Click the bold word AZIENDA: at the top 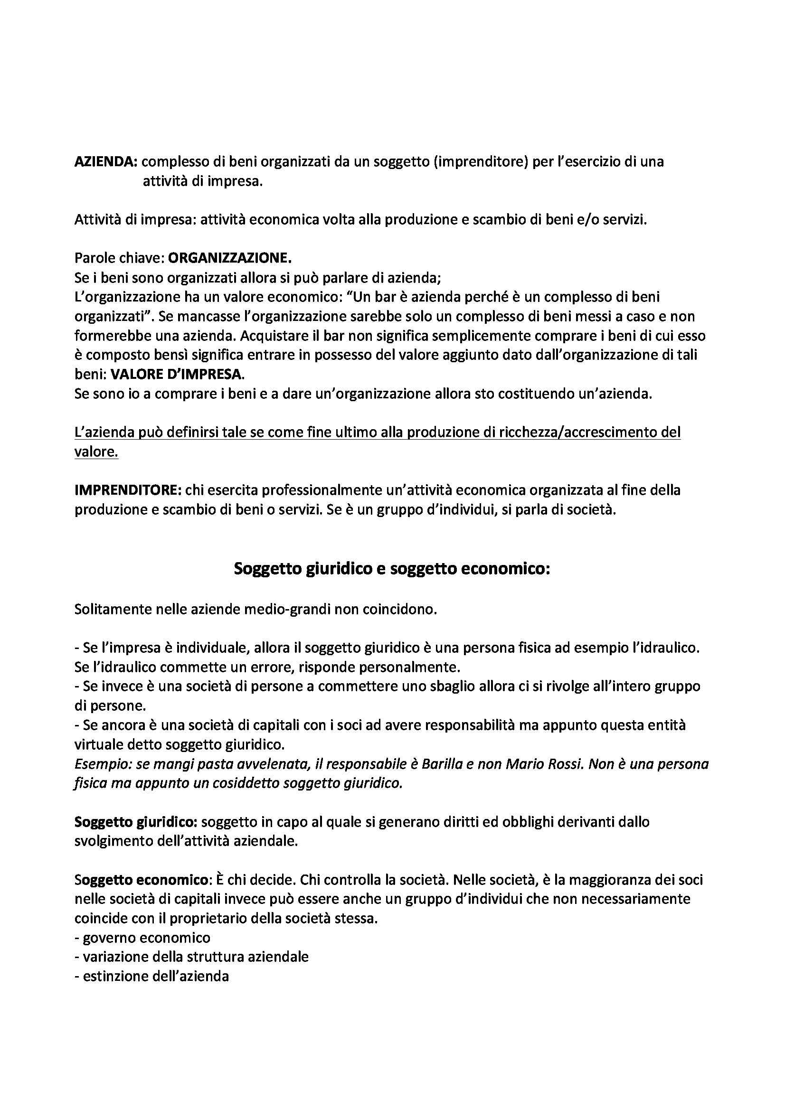[x=106, y=162]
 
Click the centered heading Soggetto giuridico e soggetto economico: [x=392, y=569]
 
